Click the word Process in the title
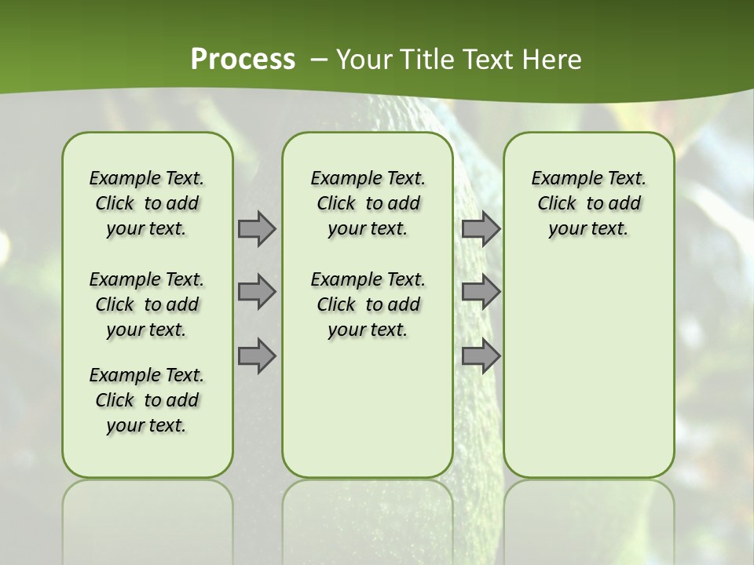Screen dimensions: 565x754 point(243,60)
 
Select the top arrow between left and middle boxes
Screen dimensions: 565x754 point(257,228)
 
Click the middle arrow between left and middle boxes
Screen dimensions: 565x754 point(257,292)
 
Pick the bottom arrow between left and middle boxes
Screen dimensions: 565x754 point(257,355)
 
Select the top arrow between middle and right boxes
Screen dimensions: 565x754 point(481,228)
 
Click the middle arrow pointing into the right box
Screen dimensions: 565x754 point(481,292)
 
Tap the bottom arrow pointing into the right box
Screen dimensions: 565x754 point(481,355)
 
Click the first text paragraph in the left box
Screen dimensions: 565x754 point(147,203)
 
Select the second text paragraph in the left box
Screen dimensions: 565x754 point(147,304)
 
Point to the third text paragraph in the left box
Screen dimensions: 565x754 point(147,400)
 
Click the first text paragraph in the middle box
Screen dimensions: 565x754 point(368,203)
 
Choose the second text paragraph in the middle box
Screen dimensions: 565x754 point(368,304)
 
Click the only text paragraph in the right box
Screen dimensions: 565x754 point(588,203)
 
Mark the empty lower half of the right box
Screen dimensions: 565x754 point(588,369)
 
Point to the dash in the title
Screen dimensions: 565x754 point(319,60)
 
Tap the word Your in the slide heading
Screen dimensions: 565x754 point(364,60)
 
